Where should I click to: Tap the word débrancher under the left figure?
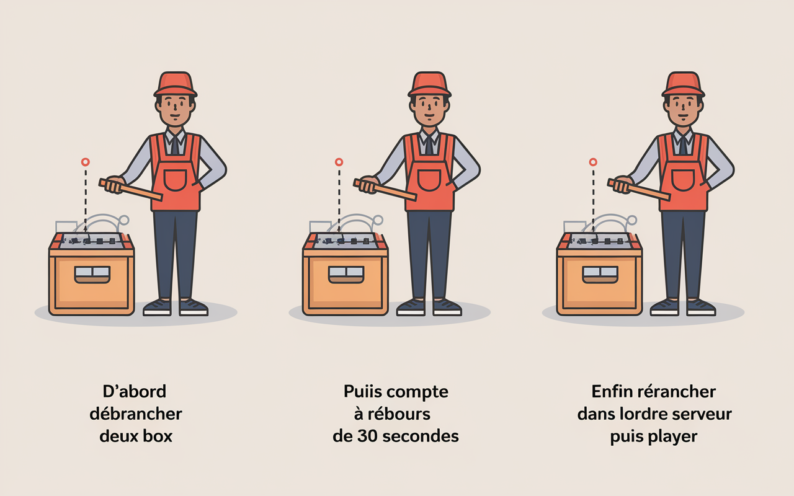(x=136, y=414)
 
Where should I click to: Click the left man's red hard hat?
(x=176, y=84)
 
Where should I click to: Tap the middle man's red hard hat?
(x=429, y=84)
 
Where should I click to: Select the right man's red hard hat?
(x=683, y=84)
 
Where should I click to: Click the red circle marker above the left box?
(x=85, y=162)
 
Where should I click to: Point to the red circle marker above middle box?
(x=339, y=162)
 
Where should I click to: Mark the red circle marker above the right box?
(x=592, y=162)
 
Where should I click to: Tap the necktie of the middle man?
(x=429, y=145)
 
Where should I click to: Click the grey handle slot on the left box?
(x=92, y=272)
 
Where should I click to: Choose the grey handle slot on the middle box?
(x=346, y=272)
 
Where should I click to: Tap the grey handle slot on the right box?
(x=600, y=272)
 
